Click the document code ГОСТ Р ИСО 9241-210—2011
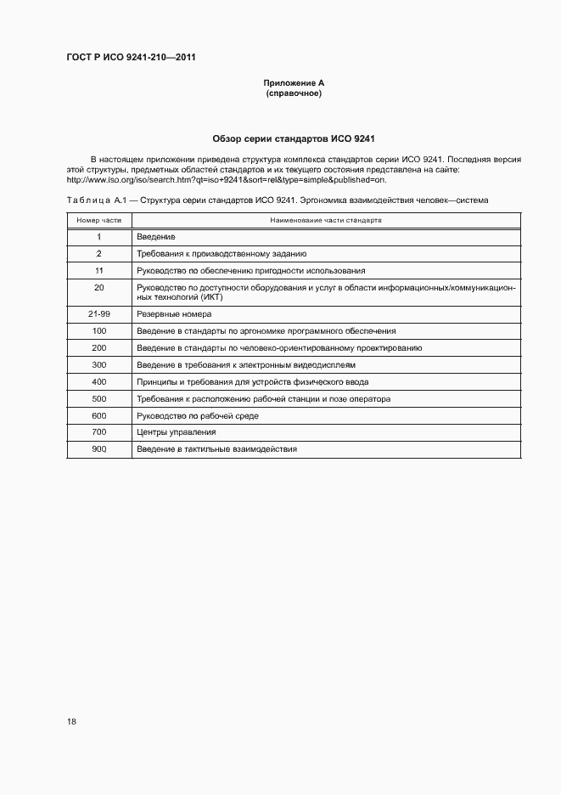131,58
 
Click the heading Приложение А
294,83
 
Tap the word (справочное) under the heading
294,93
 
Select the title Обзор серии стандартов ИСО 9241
294,138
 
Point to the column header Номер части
99,220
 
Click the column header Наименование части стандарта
326,220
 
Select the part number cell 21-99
99,313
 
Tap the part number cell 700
99,432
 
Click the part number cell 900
99,448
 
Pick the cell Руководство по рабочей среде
198,415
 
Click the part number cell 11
99,270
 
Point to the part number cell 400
99,381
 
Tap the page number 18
71,721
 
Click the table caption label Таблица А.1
88,200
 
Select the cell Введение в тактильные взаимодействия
216,448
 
